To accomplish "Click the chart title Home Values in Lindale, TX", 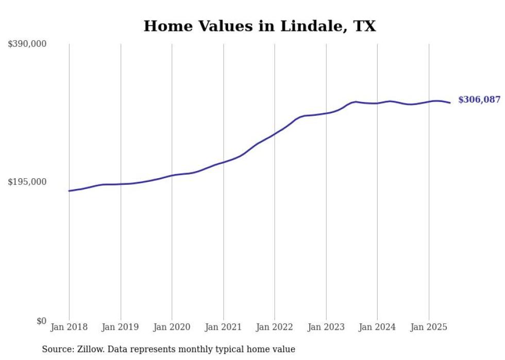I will tap(260, 26).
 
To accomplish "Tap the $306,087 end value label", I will tap(479, 100).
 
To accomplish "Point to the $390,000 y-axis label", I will tap(27, 44).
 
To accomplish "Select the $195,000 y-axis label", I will tap(27, 182).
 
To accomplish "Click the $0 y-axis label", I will tap(41, 321).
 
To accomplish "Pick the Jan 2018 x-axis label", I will tap(69, 327).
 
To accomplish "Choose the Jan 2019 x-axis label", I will tap(120, 327).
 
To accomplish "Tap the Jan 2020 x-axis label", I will tap(172, 327).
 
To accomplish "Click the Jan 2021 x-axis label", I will tap(223, 327).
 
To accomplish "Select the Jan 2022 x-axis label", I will tap(274, 327).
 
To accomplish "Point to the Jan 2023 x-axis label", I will tap(326, 327).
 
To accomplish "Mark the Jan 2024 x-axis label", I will tap(377, 327).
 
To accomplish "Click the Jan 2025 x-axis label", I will tap(428, 327).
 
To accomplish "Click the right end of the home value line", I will tap(450, 102).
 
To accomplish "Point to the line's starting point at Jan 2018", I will tap(69, 191).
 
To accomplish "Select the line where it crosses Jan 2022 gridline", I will tap(275, 133).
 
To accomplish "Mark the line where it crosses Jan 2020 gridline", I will tap(172, 175).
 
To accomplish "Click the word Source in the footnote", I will tap(56, 350).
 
